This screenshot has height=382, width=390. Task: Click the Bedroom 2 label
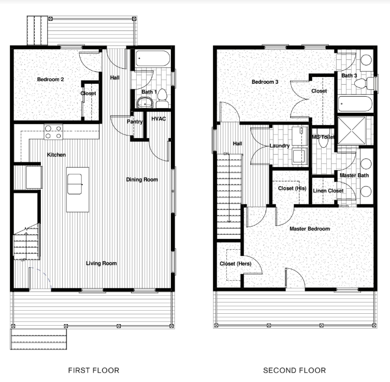click(50, 80)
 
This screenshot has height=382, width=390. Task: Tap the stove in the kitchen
click(53, 132)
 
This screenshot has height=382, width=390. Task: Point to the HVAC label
click(158, 119)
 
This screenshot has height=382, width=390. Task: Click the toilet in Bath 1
click(162, 95)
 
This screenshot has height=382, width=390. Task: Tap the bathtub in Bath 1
click(153, 59)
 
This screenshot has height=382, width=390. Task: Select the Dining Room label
click(142, 180)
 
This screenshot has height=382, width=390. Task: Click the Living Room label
click(101, 264)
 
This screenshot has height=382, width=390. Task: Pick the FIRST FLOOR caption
click(94, 370)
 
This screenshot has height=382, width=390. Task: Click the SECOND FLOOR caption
click(294, 370)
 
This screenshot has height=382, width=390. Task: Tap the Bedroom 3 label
click(265, 82)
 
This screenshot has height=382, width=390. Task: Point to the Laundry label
click(280, 146)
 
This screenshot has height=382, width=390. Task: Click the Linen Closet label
click(328, 191)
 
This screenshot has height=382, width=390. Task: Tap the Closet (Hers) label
click(235, 264)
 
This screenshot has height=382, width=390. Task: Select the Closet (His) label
click(292, 188)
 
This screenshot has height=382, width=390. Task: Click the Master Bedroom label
click(310, 228)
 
